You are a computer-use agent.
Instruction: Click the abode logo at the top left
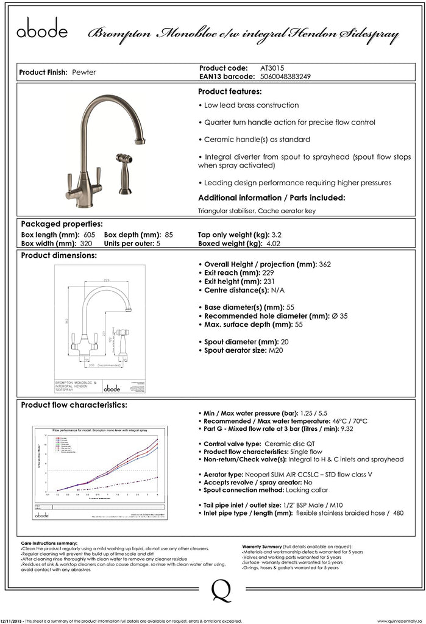[x=42, y=29]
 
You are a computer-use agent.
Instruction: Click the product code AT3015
[x=272, y=68]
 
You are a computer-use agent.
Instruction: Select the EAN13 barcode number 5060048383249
[x=286, y=76]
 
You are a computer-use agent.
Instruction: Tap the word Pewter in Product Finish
[x=83, y=73]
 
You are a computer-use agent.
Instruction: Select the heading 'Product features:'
[x=230, y=91]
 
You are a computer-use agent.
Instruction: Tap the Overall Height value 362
[x=325, y=264]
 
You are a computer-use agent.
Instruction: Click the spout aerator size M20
[x=275, y=350]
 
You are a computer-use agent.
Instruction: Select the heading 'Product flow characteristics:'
[x=74, y=405]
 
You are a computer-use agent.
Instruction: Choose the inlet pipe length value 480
[x=399, y=513]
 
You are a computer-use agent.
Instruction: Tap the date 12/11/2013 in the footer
[x=12, y=621]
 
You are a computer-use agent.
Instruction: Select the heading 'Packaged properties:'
[x=62, y=224]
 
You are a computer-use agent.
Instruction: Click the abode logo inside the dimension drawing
[x=112, y=388]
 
